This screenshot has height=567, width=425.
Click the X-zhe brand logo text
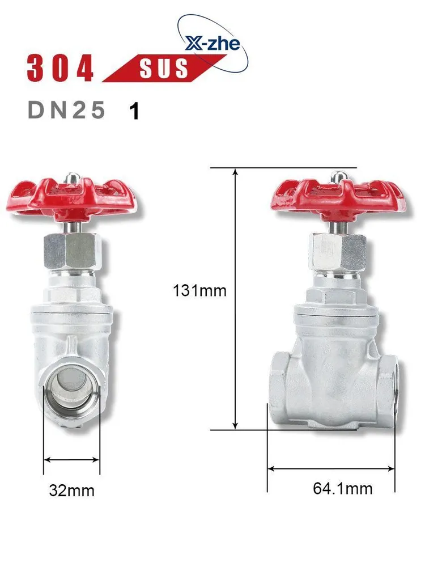(x=212, y=44)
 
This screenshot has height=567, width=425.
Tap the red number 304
(x=61, y=68)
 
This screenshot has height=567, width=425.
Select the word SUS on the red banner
(x=164, y=68)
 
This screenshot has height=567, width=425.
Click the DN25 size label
(x=66, y=109)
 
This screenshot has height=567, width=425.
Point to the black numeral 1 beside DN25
(x=134, y=111)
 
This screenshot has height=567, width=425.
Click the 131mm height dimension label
(x=199, y=291)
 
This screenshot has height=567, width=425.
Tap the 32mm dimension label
(x=71, y=490)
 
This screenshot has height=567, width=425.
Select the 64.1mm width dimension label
(x=343, y=489)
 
